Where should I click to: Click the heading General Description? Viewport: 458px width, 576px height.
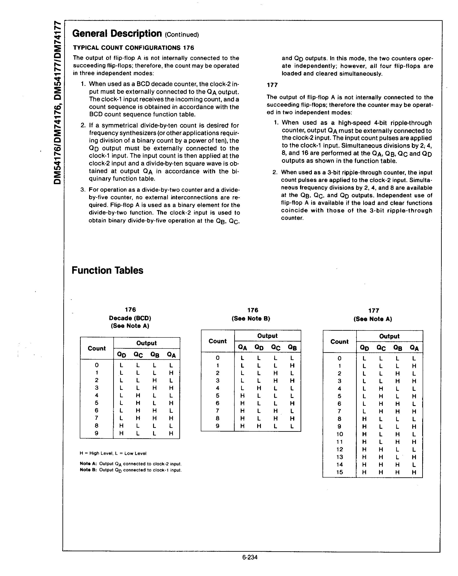coord(117,34)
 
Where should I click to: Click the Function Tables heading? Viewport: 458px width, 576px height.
coord(107,270)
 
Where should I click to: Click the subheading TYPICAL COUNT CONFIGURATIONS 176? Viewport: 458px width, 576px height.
coord(133,48)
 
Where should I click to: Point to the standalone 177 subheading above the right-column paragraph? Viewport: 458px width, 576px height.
coord(272,85)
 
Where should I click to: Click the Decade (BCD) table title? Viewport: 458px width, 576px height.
coord(130,318)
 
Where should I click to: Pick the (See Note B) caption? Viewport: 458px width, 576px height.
coord(251,318)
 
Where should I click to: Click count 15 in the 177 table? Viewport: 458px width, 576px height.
coord(339,472)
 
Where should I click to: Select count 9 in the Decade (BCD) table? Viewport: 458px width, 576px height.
coord(97,433)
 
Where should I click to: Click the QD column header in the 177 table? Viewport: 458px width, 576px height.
coord(365,348)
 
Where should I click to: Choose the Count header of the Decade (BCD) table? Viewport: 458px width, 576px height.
coord(97,348)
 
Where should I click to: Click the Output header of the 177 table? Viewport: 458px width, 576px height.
coord(389,336)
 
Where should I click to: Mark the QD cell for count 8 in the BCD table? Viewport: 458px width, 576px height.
coord(121,425)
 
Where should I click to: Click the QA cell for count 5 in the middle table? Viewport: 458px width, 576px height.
coord(242,396)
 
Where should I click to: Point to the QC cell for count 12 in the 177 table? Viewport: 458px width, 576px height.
coord(381,449)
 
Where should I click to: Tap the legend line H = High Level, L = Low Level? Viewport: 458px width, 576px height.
coord(113,453)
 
